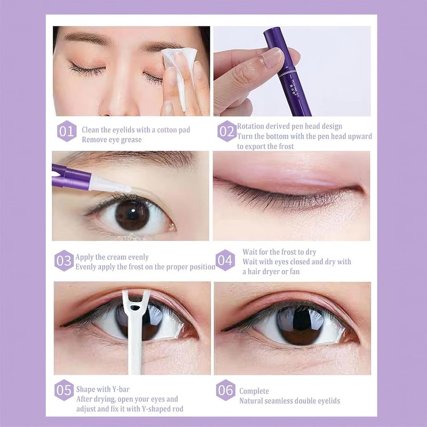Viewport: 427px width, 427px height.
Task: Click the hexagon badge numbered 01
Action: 67,131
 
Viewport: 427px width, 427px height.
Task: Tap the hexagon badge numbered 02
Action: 227,131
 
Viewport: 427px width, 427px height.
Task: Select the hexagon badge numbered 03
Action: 64,260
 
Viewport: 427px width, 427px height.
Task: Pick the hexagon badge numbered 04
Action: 225,260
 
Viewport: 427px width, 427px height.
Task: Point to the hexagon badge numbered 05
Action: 64,390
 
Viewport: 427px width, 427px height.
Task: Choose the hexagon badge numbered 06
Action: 226,390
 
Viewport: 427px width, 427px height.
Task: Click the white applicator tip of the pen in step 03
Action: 110,184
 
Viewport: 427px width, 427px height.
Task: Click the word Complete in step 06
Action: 254,391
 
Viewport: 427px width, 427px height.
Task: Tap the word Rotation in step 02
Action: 250,126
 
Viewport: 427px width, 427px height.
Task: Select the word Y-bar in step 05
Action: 121,389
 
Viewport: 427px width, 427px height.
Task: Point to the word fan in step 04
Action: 295,272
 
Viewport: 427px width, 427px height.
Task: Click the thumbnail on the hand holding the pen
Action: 271,57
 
